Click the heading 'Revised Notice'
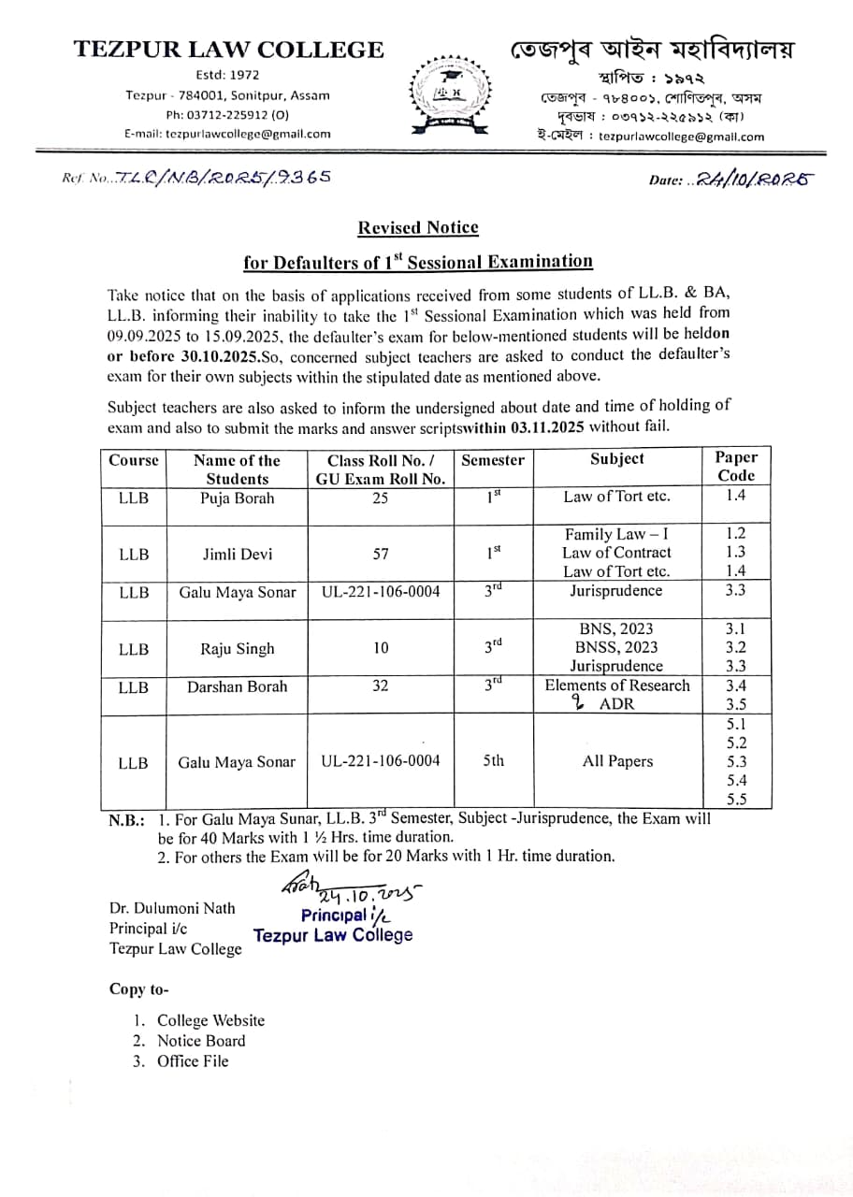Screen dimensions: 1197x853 [418, 227]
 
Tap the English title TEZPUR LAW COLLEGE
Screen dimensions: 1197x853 [229, 50]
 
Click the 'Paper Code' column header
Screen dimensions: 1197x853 [735, 466]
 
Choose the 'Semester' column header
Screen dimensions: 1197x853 [493, 459]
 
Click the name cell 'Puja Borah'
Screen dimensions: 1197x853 [238, 498]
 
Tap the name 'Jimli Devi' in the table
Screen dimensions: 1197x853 [238, 554]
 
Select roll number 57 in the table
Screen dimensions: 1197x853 [380, 554]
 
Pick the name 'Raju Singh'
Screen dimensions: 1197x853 [238, 648]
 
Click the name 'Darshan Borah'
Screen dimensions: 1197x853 [238, 685]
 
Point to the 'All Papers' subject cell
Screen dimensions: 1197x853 [617, 761]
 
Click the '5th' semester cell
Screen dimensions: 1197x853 [493, 760]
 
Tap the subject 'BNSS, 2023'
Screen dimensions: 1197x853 [617, 647]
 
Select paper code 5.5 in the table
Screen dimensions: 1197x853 [736, 799]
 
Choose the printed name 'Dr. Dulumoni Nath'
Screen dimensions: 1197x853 [172, 908]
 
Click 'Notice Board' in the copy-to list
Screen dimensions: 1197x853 [200, 1041]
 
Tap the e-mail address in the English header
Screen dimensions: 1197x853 [227, 134]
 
